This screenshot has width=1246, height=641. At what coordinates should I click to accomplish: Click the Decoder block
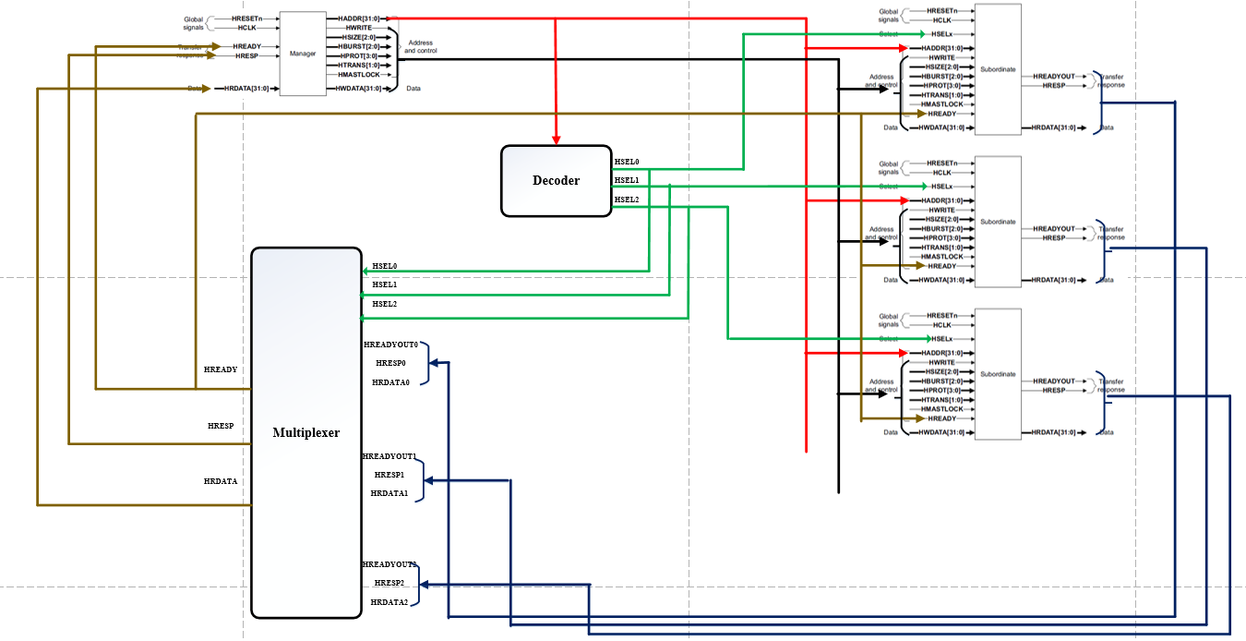[556, 181]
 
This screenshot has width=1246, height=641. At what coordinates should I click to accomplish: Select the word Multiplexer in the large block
[306, 432]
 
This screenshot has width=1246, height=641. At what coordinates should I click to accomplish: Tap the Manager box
[303, 54]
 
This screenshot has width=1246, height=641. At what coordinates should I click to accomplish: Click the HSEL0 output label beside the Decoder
[627, 162]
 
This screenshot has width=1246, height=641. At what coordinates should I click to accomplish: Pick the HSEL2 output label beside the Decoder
[627, 200]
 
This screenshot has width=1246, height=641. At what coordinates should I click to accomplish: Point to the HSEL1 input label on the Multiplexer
[385, 284]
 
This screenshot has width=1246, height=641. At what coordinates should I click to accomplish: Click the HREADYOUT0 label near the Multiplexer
[391, 345]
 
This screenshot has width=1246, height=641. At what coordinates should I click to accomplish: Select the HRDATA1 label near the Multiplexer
[389, 493]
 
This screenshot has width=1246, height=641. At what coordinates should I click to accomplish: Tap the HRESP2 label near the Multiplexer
[389, 583]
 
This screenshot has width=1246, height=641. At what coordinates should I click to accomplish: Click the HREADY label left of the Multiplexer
[221, 369]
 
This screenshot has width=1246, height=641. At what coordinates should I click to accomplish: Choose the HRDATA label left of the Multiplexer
[221, 481]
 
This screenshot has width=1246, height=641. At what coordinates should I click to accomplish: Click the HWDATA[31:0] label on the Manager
[357, 89]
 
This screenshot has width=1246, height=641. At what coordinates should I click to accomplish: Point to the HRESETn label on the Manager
[246, 18]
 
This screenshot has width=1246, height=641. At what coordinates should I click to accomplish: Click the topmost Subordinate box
[998, 69]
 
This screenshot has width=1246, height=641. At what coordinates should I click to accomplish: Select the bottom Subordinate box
[998, 374]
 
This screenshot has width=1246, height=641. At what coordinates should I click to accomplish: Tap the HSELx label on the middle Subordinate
[941, 187]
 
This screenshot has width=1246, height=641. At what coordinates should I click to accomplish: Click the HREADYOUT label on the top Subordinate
[1053, 76]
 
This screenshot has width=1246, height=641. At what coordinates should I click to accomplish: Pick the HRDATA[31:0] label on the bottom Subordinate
[1053, 432]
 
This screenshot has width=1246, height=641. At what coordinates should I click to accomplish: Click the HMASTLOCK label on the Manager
[358, 75]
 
